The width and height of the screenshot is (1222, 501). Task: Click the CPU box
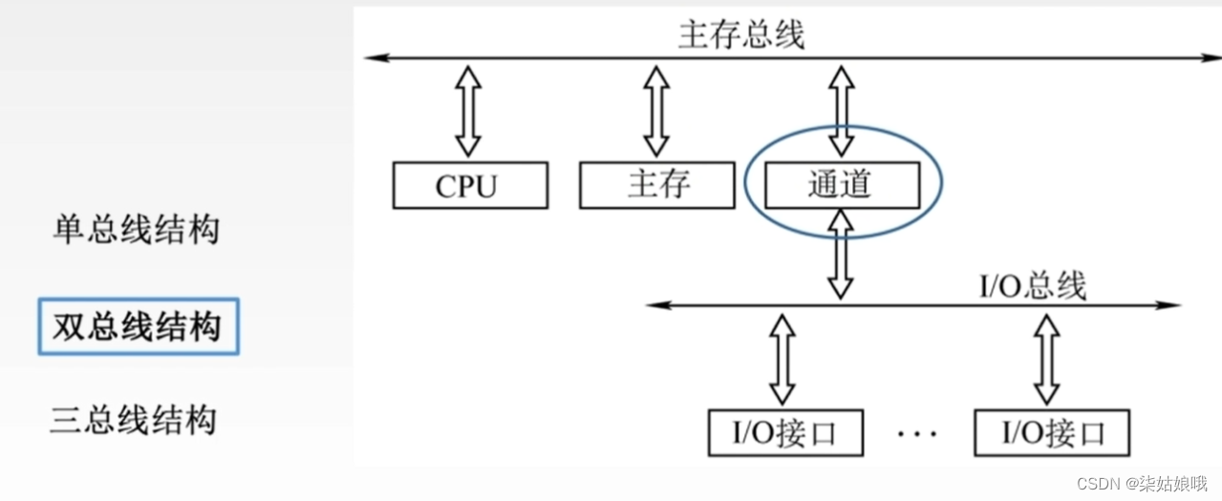[x=470, y=185]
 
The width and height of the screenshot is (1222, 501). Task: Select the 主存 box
[x=658, y=185]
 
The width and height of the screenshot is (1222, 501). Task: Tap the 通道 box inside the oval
[x=840, y=185]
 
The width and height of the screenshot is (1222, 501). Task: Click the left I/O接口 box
[x=784, y=433]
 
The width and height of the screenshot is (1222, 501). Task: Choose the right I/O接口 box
[x=1052, y=433]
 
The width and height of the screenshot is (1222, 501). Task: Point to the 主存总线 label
[x=741, y=34]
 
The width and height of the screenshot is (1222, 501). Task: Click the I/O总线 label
[x=1033, y=285]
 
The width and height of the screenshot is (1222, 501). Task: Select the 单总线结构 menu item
[x=136, y=229]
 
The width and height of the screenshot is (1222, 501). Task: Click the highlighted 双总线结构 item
[x=138, y=327]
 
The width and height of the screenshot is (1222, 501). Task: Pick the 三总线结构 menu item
[x=134, y=421]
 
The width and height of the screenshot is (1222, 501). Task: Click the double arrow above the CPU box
[x=467, y=110]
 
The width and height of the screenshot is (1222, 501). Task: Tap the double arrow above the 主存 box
[x=655, y=110]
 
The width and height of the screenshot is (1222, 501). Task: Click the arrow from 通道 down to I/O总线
[x=840, y=254]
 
